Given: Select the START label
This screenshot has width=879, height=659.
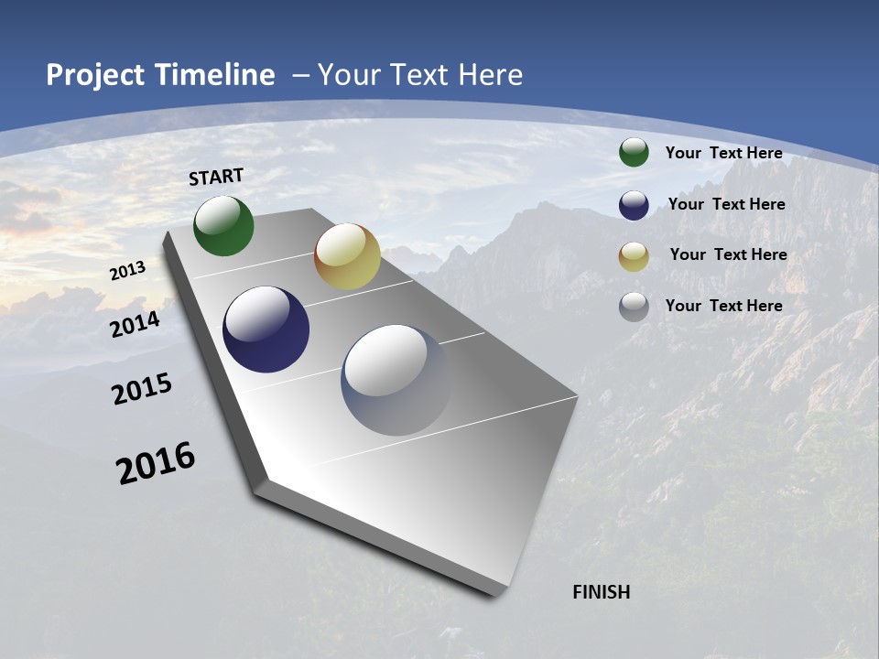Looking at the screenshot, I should (x=216, y=177).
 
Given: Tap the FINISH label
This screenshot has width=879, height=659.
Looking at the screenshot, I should (x=602, y=592).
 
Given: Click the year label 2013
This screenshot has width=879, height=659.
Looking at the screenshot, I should (x=128, y=271).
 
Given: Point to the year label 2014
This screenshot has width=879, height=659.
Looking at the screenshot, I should (x=136, y=324).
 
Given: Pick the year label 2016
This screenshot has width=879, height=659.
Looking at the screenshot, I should (x=156, y=463).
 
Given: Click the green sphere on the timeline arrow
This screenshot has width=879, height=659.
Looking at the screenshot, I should (x=223, y=226).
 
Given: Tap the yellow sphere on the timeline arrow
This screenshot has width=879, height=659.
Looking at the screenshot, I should (x=347, y=256).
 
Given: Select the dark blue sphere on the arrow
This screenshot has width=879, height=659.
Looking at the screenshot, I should (x=266, y=329).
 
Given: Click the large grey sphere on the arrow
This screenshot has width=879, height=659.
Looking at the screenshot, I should (x=397, y=380).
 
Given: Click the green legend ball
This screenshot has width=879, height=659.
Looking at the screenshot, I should (x=634, y=152).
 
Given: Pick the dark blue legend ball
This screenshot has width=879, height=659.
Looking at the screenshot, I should (x=634, y=205).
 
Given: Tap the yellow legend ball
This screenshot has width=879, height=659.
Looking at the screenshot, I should (x=634, y=256).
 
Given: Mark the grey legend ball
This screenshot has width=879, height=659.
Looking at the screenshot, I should (x=634, y=307).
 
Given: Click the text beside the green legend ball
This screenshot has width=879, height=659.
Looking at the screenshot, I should (x=724, y=153).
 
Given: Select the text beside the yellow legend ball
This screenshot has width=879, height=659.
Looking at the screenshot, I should (x=729, y=254).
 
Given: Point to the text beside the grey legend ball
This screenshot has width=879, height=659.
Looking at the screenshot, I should (x=724, y=306).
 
